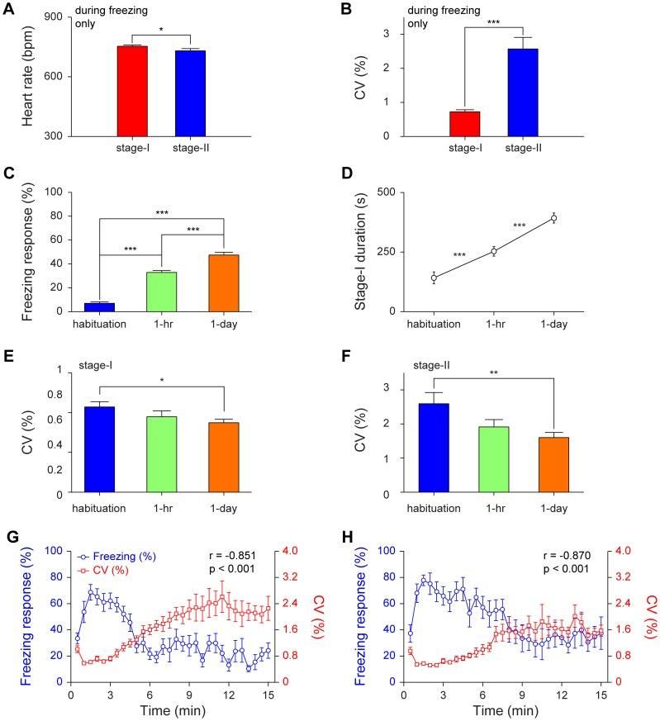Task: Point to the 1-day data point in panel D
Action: (554, 218)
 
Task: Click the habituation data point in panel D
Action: (434, 277)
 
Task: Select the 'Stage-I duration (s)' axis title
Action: (361, 251)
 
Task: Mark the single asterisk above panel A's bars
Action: (161, 30)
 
